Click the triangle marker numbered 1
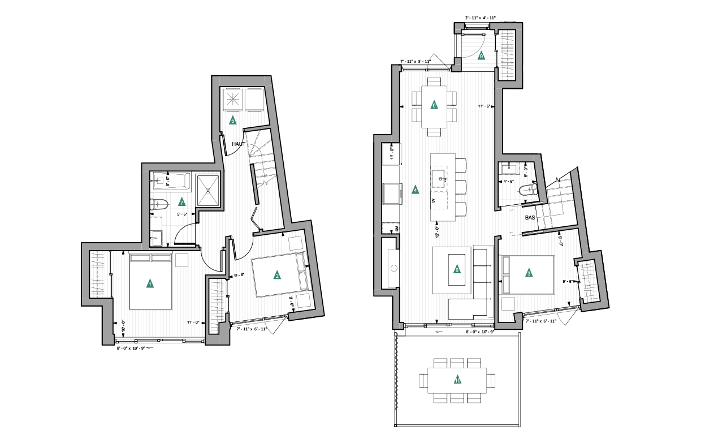(x=150, y=283)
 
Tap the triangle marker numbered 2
(x=277, y=275)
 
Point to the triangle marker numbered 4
(x=416, y=190)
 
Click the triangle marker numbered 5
(x=232, y=120)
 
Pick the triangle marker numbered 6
(x=434, y=105)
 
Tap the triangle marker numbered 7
(x=181, y=201)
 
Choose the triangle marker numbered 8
(x=457, y=270)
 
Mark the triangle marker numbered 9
(x=481, y=55)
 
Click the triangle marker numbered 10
(x=457, y=380)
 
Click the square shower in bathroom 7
(x=208, y=190)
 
